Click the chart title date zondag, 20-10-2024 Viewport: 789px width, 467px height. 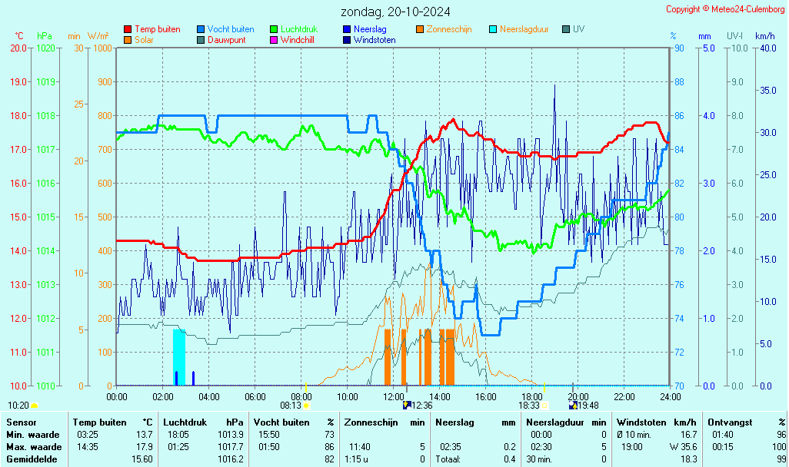pyautogui.click(x=395, y=12)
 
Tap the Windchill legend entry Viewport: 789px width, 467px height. pyautogui.click(x=297, y=40)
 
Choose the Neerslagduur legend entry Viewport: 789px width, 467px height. pyautogui.click(x=524, y=29)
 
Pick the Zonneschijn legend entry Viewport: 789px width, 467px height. pyautogui.click(x=449, y=29)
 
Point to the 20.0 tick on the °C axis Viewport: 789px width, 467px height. pyautogui.click(x=18, y=48)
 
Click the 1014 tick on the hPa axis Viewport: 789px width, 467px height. pyautogui.click(x=45, y=250)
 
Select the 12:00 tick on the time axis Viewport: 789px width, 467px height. pyautogui.click(x=394, y=396)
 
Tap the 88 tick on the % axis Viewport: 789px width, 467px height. pyautogui.click(x=679, y=81)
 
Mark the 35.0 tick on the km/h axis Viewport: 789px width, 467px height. pyautogui.click(x=767, y=90)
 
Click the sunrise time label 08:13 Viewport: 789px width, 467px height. pyautogui.click(x=290, y=405)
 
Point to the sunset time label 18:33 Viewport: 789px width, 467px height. pyautogui.click(x=528, y=405)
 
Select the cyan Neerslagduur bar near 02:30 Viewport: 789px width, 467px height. pyautogui.click(x=179, y=356)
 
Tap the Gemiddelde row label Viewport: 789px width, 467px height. pyautogui.click(x=32, y=459)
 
